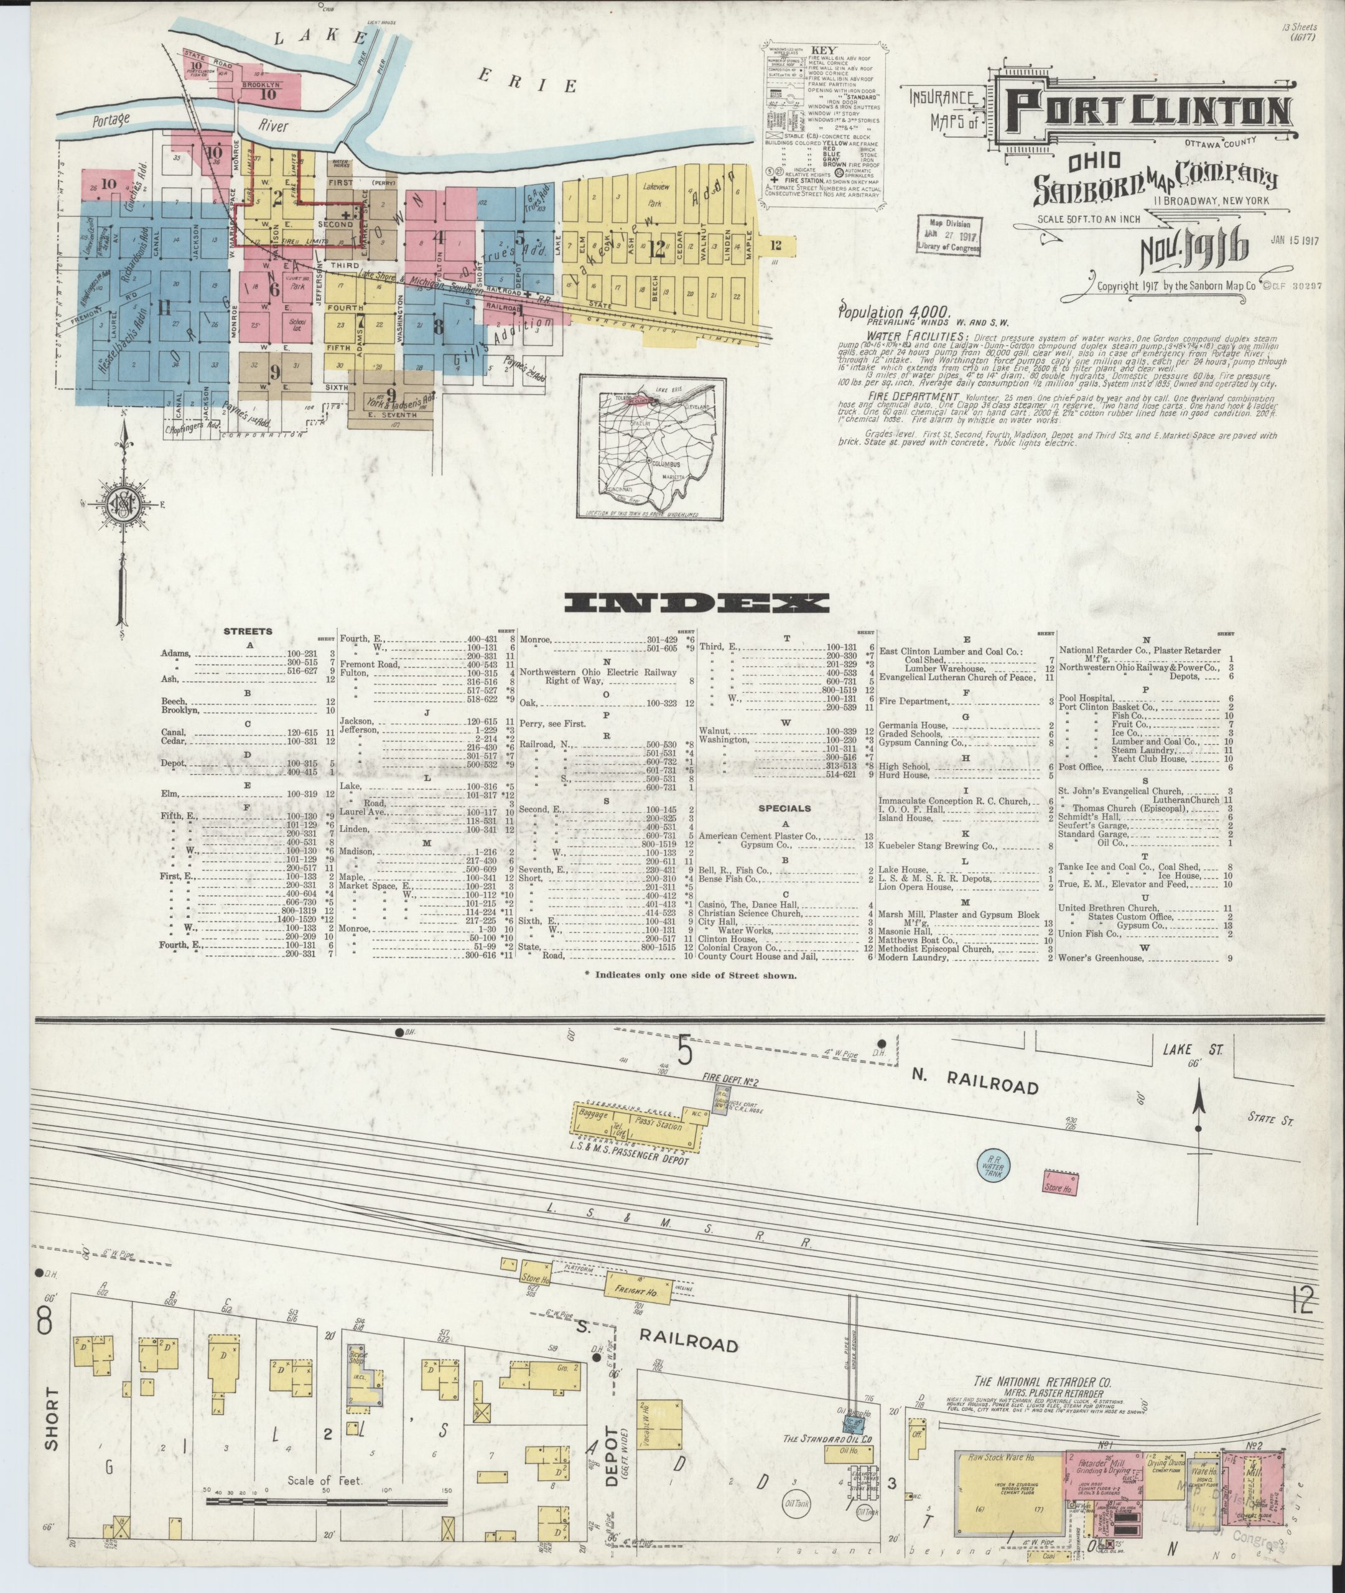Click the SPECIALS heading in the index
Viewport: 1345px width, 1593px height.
784,808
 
